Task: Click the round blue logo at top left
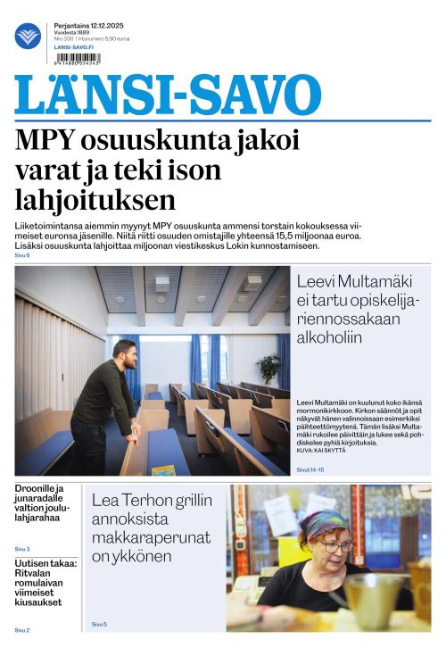[x=28, y=37]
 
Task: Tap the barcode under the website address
[x=77, y=58]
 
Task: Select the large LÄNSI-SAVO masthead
[x=168, y=95]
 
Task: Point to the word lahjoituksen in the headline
[x=95, y=199]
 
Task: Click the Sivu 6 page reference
[x=21, y=256]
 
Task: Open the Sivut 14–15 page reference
[x=310, y=468]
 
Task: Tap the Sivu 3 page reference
[x=21, y=549]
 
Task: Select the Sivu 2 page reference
[x=21, y=630]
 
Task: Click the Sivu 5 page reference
[x=98, y=624]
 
